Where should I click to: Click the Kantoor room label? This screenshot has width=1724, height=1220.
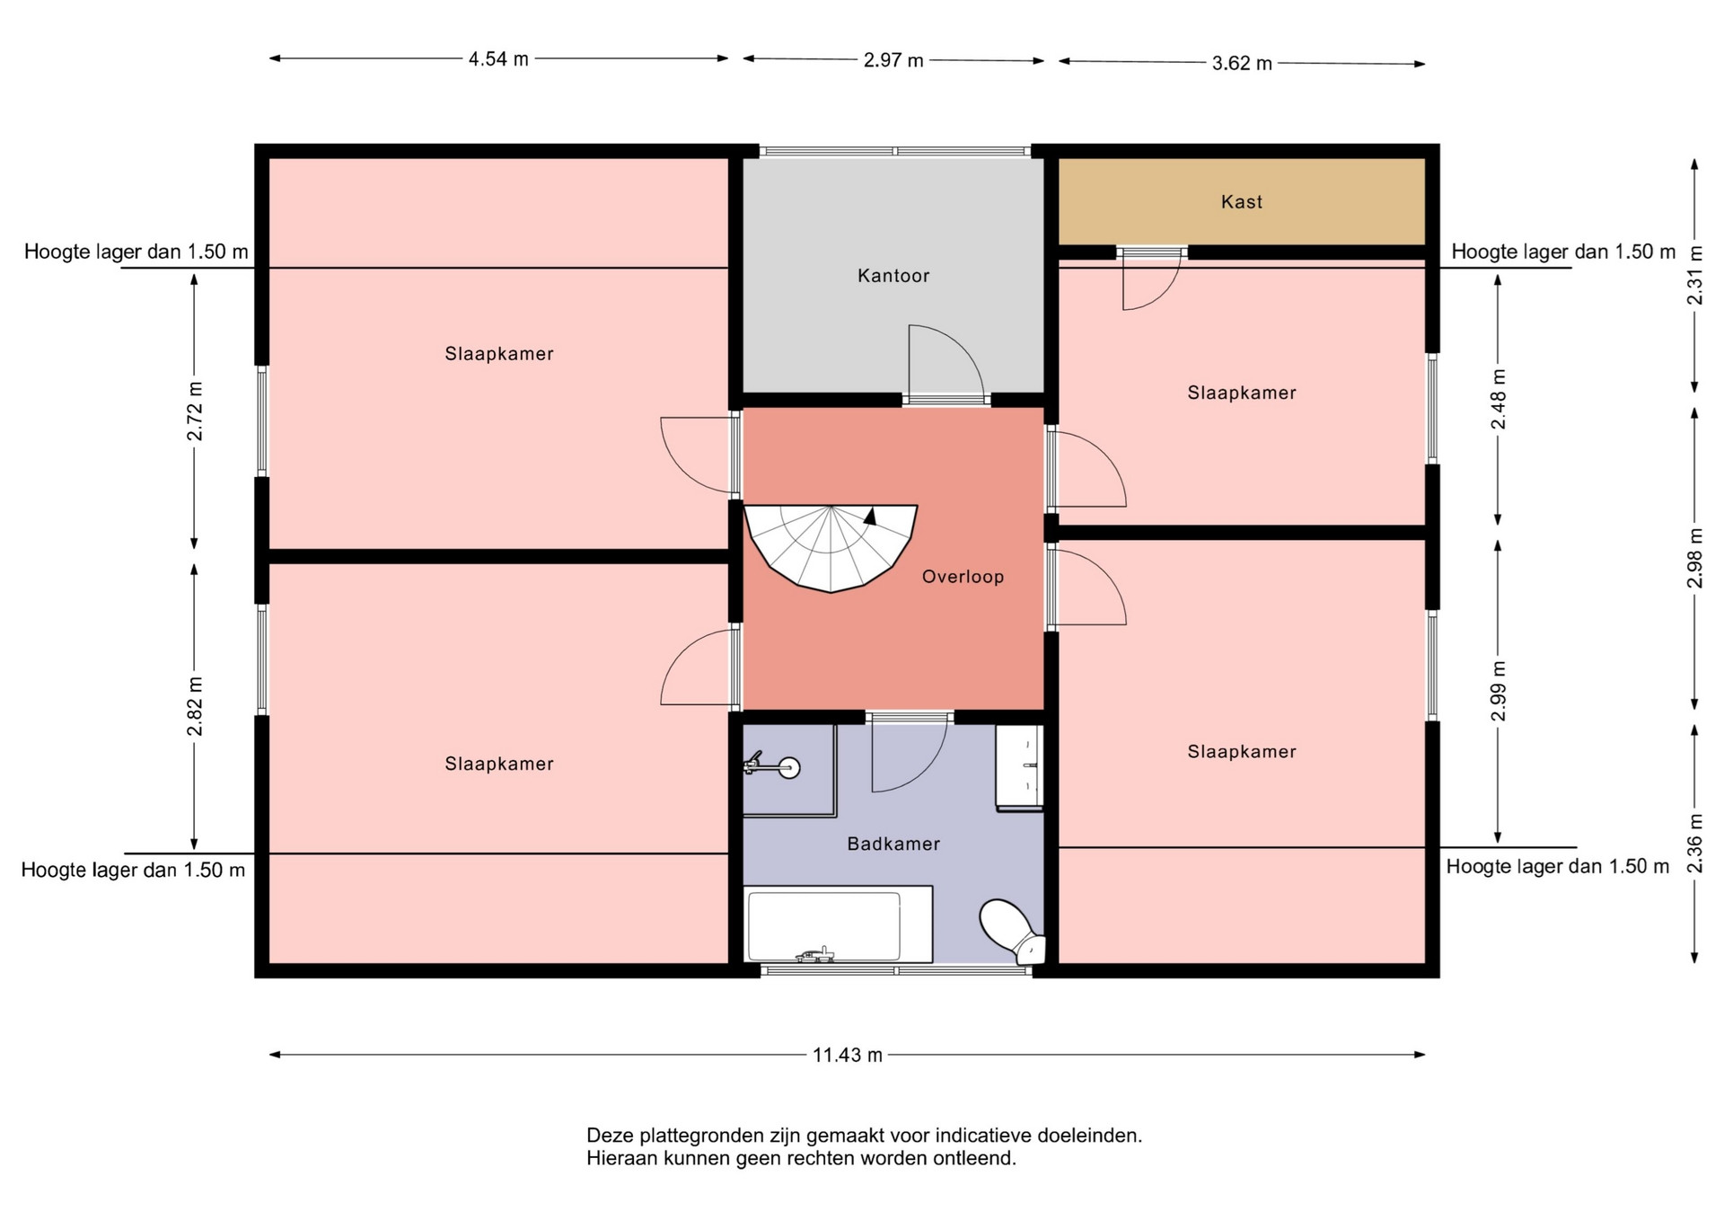point(893,276)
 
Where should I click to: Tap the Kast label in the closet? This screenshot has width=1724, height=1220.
point(1242,202)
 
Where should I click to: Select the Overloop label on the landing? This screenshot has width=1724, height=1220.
point(963,577)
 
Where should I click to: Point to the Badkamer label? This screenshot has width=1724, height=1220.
point(893,844)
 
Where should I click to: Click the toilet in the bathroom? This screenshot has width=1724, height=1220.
point(1011,930)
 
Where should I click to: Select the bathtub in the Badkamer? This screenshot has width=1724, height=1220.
point(838,924)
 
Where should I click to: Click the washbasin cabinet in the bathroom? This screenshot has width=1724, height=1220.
point(1019,769)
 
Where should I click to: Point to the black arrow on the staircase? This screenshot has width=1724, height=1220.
point(869,516)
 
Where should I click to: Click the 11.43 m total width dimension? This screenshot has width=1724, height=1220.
point(848,1055)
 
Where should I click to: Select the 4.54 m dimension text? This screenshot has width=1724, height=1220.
point(498,59)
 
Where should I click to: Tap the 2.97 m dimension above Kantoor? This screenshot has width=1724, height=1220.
point(893,60)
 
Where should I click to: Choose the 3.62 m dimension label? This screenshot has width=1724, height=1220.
point(1242,63)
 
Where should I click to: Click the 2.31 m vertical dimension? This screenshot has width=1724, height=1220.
point(1694,275)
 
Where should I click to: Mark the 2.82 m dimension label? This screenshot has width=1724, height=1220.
point(195,706)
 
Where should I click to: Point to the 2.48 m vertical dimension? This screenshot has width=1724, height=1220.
point(1498,399)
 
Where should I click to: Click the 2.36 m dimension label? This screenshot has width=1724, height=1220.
point(1694,843)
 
